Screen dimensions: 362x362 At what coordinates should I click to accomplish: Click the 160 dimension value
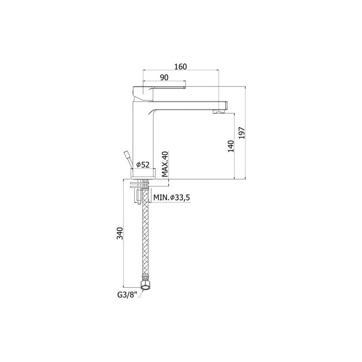pyautogui.click(x=180, y=67)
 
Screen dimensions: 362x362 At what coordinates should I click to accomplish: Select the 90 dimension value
pyautogui.click(x=164, y=77)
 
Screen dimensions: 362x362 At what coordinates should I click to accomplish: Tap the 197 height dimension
pyautogui.click(x=241, y=133)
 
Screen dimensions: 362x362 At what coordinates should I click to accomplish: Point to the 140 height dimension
pyautogui.click(x=231, y=146)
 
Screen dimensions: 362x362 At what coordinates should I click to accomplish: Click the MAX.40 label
pyautogui.click(x=165, y=164)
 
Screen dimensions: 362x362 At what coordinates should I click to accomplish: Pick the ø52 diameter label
pyautogui.click(x=143, y=165)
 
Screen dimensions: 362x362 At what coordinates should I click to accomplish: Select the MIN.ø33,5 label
pyautogui.click(x=172, y=198)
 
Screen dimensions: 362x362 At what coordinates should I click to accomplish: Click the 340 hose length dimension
pyautogui.click(x=120, y=233)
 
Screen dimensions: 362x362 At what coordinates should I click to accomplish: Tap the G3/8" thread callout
pyautogui.click(x=127, y=295)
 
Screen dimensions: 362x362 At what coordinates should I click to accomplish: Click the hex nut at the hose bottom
pyautogui.click(x=146, y=284)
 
